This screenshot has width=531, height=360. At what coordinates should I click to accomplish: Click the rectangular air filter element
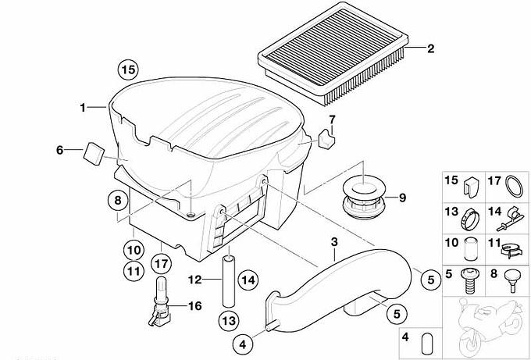pyautogui.click(x=333, y=53)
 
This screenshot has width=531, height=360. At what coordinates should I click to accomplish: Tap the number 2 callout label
pyautogui.click(x=430, y=48)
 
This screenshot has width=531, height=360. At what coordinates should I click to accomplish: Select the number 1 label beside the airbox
pyautogui.click(x=83, y=108)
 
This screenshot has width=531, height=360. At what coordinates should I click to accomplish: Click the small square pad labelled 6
pyautogui.click(x=94, y=153)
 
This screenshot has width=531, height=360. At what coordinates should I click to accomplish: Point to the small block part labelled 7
pyautogui.click(x=326, y=138)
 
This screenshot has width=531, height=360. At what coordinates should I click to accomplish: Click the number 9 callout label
pyautogui.click(x=402, y=198)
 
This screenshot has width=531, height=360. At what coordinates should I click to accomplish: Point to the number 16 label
pyautogui.click(x=194, y=306)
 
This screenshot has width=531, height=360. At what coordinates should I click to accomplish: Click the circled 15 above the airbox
pyautogui.click(x=128, y=70)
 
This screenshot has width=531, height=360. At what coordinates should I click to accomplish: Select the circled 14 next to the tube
pyautogui.click(x=248, y=280)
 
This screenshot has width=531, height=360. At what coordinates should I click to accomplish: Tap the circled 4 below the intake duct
pyautogui.click(x=243, y=344)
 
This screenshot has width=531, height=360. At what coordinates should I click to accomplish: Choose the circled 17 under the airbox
pyautogui.click(x=161, y=263)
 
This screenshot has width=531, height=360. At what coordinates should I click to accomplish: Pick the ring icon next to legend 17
pyautogui.click(x=514, y=186)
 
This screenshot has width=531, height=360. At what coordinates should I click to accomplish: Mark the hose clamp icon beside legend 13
pyautogui.click(x=469, y=219)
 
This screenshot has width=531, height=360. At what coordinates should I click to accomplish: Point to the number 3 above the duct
pyautogui.click(x=334, y=242)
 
